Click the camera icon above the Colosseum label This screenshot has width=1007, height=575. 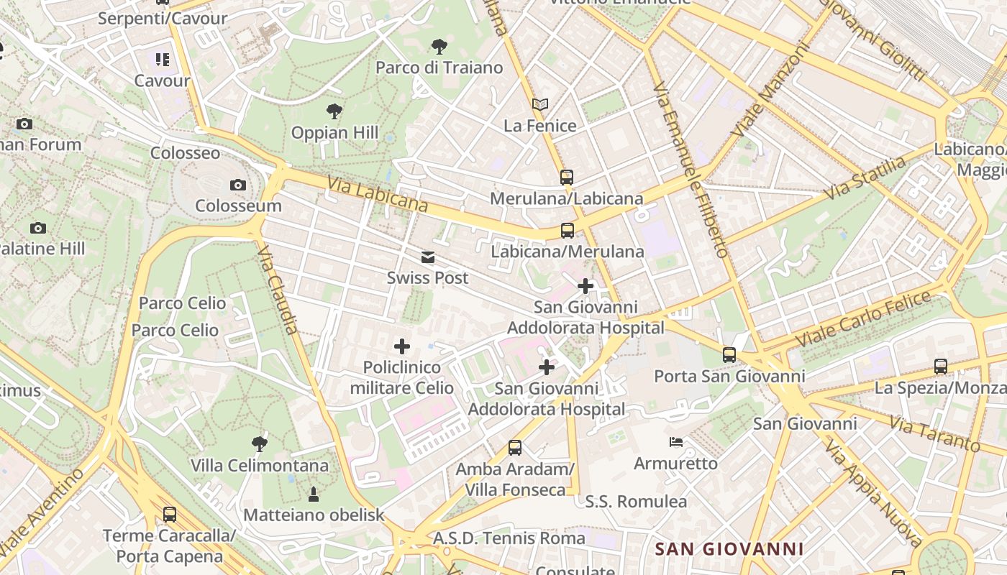coord(238,185)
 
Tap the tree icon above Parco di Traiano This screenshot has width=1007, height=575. coord(439,47)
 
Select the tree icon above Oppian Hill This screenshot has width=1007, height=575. coord(334,111)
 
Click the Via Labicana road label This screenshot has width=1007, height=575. coord(378,195)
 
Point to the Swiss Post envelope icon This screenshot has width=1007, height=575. coord(428,257)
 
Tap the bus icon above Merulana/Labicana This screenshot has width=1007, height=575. coord(567,177)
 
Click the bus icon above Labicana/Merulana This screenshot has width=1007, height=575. coord(568,231)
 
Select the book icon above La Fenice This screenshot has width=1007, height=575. coord(540,105)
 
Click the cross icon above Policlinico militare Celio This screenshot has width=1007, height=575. coord(402,346)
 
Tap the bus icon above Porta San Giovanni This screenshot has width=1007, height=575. coord(729,354)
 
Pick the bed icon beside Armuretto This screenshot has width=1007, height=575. coord(675,442)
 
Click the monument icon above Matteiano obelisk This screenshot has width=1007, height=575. coord(314,494)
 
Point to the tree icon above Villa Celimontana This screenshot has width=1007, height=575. coord(260,444)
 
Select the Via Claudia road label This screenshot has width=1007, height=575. coord(277,290)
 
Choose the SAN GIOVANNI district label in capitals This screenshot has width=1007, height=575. coord(729,549)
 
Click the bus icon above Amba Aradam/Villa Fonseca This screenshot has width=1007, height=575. coord(515,448)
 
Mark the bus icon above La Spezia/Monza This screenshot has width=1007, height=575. coord(940,366)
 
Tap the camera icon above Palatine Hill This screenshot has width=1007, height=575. coord(38,228)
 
